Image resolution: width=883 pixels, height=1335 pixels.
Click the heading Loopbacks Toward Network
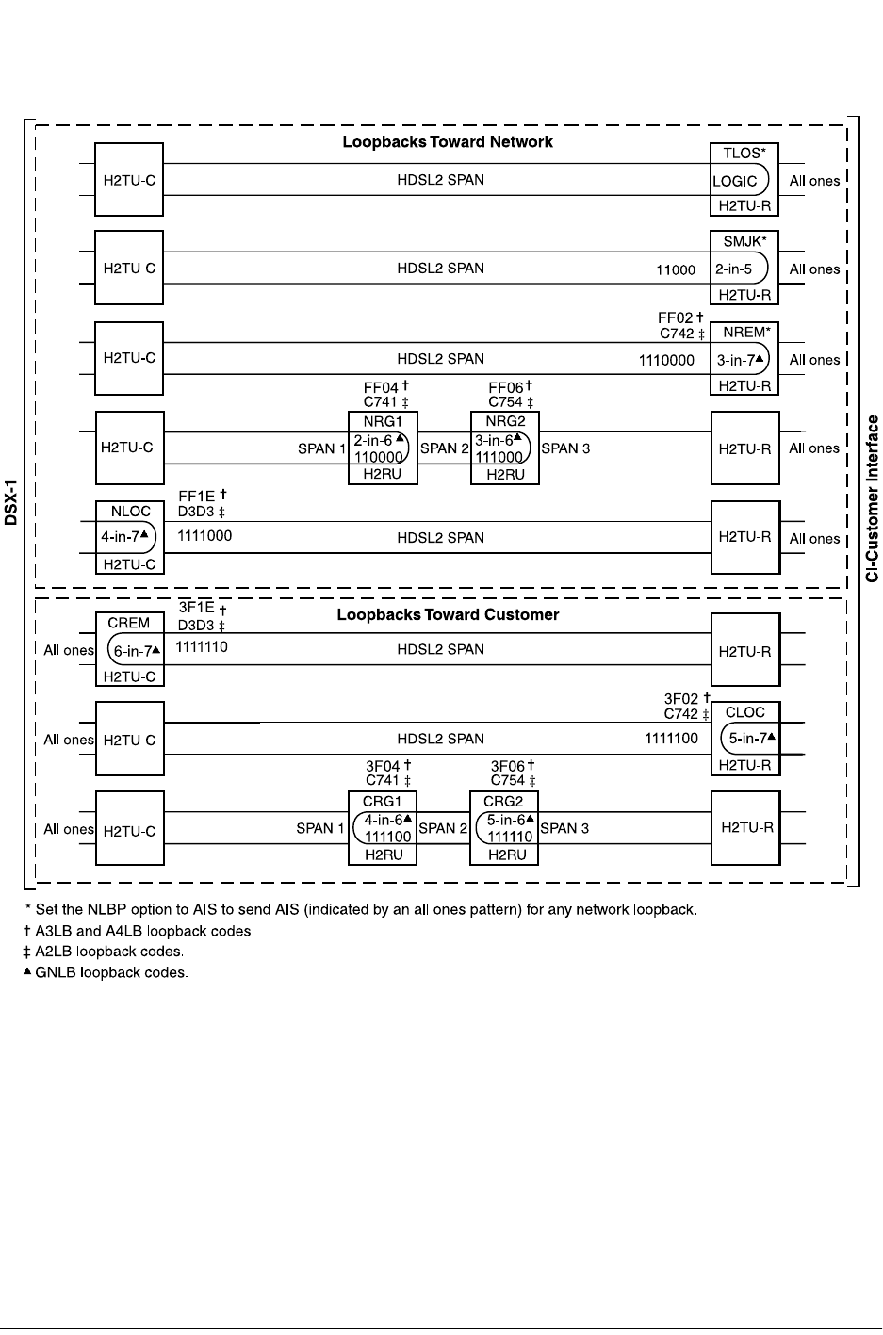tap(447, 142)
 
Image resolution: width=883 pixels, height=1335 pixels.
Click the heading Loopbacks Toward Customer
tap(448, 615)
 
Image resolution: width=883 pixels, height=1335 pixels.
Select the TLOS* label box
tap(744, 154)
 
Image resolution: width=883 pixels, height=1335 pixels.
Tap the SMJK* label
tap(744, 241)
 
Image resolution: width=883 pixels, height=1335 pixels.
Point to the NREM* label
tap(744, 333)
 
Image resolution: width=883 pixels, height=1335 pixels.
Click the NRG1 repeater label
tap(383, 421)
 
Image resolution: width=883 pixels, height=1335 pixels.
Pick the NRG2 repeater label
tap(505, 421)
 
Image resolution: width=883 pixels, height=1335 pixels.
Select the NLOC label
tap(130, 512)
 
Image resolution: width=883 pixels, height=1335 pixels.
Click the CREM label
tap(129, 623)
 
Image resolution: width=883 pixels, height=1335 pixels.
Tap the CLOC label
tap(745, 712)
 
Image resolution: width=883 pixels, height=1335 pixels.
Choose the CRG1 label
tap(383, 802)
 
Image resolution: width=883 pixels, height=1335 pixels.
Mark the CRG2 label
tap(503, 802)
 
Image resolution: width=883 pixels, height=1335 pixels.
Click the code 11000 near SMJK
tap(676, 270)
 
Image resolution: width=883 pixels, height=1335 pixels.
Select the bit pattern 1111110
tap(202, 647)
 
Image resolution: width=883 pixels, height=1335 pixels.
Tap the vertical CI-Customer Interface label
tap(873, 498)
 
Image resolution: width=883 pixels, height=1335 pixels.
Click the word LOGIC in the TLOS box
tap(735, 182)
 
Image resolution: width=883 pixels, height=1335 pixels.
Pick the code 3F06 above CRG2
tap(507, 767)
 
